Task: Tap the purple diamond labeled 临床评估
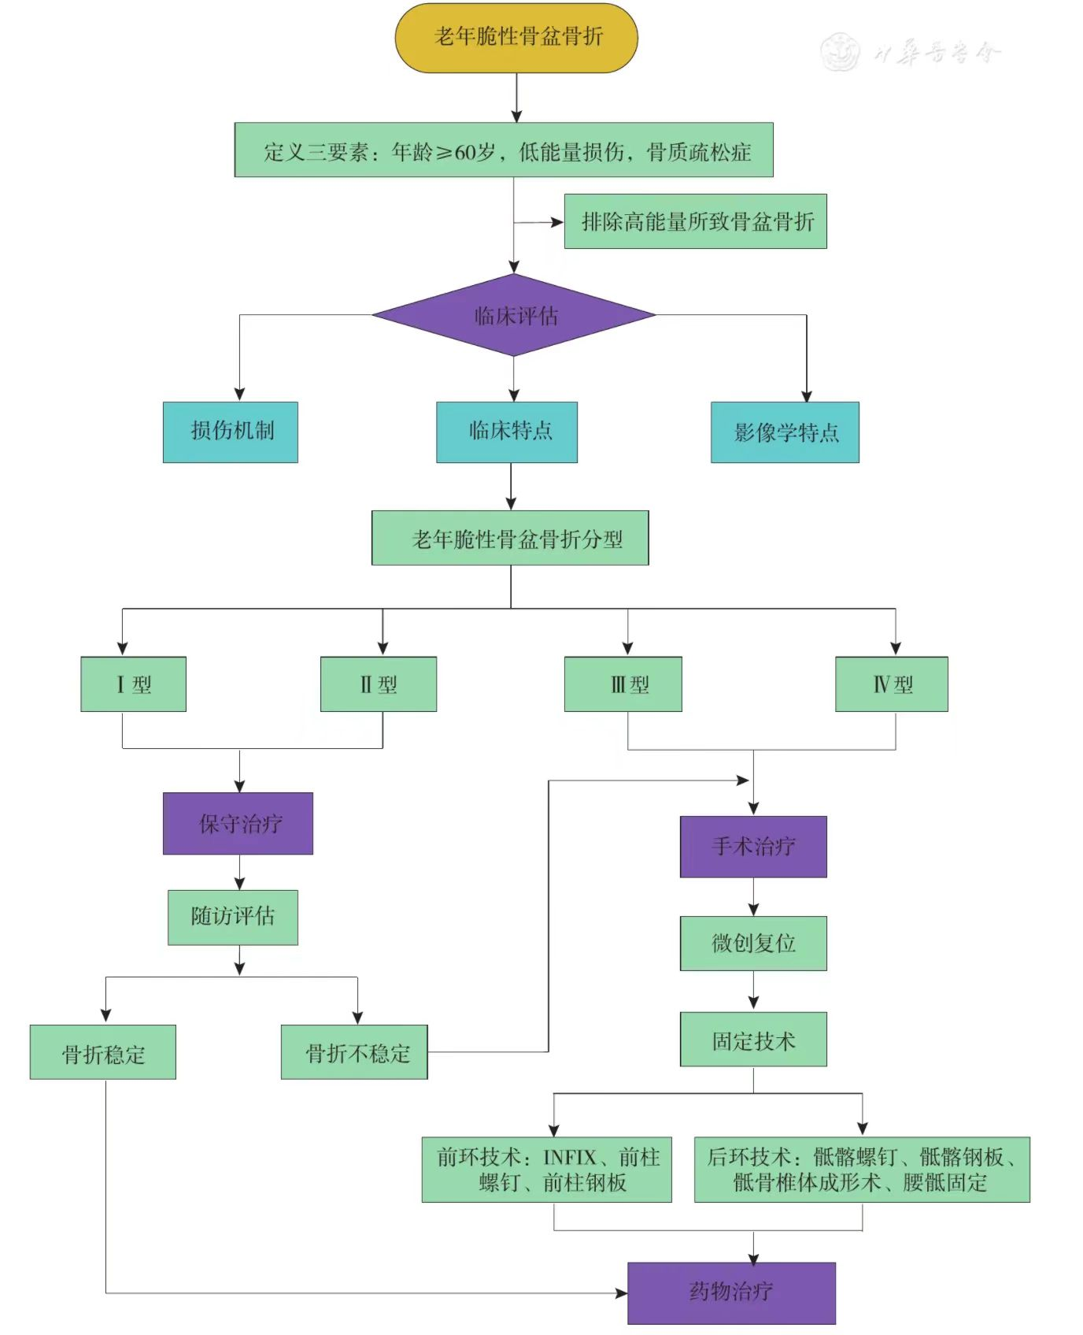coord(514,315)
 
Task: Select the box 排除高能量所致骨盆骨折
coord(695,221)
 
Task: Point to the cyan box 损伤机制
coord(230,432)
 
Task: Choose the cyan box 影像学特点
coord(785,432)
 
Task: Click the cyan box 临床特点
coord(507,432)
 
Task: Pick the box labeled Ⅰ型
coord(133,684)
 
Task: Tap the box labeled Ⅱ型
coord(378,684)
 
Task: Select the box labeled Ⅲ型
coord(623,684)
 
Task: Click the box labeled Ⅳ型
coord(891,684)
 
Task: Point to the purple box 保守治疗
coord(238,823)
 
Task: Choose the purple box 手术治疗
coord(753,847)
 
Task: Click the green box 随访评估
coord(233,917)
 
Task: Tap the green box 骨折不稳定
coord(354,1052)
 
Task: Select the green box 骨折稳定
coord(102,1052)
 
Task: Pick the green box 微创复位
coord(753,943)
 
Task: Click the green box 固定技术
coord(753,1040)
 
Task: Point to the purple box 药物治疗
coord(731,1292)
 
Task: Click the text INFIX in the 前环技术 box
coord(570,1157)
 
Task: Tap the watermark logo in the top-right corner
coord(840,52)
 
